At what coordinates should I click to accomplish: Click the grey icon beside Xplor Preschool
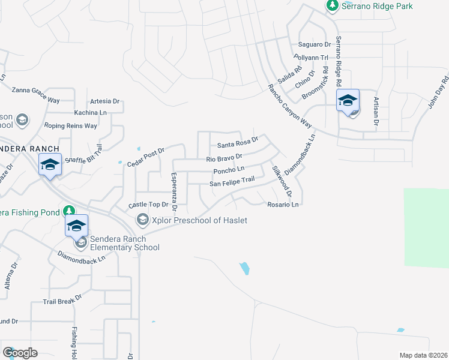click(x=142, y=220)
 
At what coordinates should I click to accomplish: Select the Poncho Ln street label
click(x=229, y=171)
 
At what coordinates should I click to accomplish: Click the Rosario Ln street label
click(x=283, y=205)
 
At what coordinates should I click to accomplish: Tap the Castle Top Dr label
click(x=146, y=205)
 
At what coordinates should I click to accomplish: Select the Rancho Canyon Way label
click(x=290, y=106)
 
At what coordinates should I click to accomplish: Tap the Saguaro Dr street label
click(x=315, y=45)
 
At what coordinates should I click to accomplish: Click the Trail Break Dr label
click(x=62, y=298)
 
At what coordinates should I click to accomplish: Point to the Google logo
click(x=20, y=353)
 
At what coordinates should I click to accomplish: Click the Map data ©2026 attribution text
click(x=423, y=355)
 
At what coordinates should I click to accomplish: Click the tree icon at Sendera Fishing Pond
click(x=70, y=211)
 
